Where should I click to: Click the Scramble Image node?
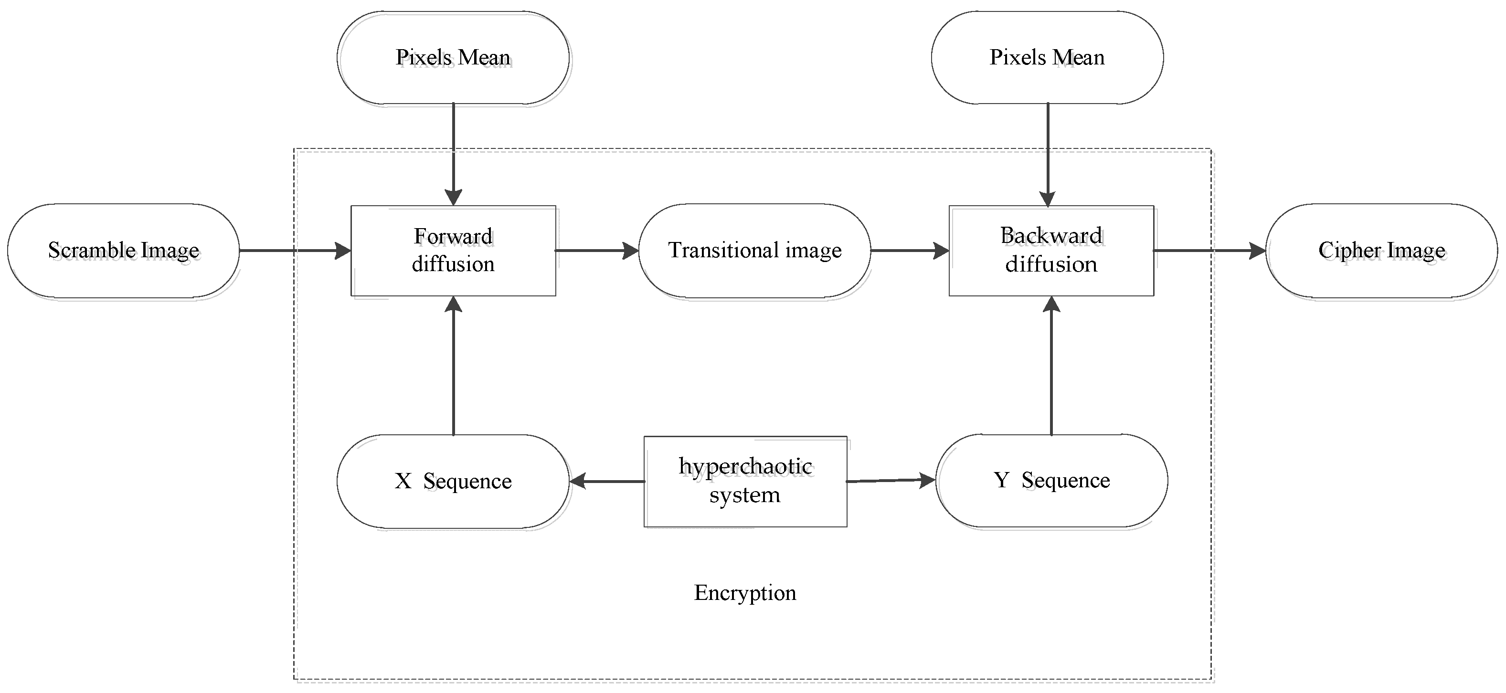point(123,251)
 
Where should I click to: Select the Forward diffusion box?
point(453,251)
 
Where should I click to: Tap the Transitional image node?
point(754,251)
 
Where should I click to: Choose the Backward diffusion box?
point(1050,251)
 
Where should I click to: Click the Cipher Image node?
point(1381,251)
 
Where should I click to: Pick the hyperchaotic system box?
point(745,481)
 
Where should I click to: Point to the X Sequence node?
point(453,481)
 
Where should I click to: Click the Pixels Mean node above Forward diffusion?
point(453,57)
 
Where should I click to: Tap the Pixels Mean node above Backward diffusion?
point(1047,57)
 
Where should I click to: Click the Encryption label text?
point(745,592)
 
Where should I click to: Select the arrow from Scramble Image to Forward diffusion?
point(295,251)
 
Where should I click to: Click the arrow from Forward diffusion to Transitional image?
point(596,251)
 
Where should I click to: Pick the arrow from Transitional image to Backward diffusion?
point(909,251)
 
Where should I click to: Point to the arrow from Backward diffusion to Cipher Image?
point(1209,251)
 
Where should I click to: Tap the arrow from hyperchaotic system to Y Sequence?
point(891,480)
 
